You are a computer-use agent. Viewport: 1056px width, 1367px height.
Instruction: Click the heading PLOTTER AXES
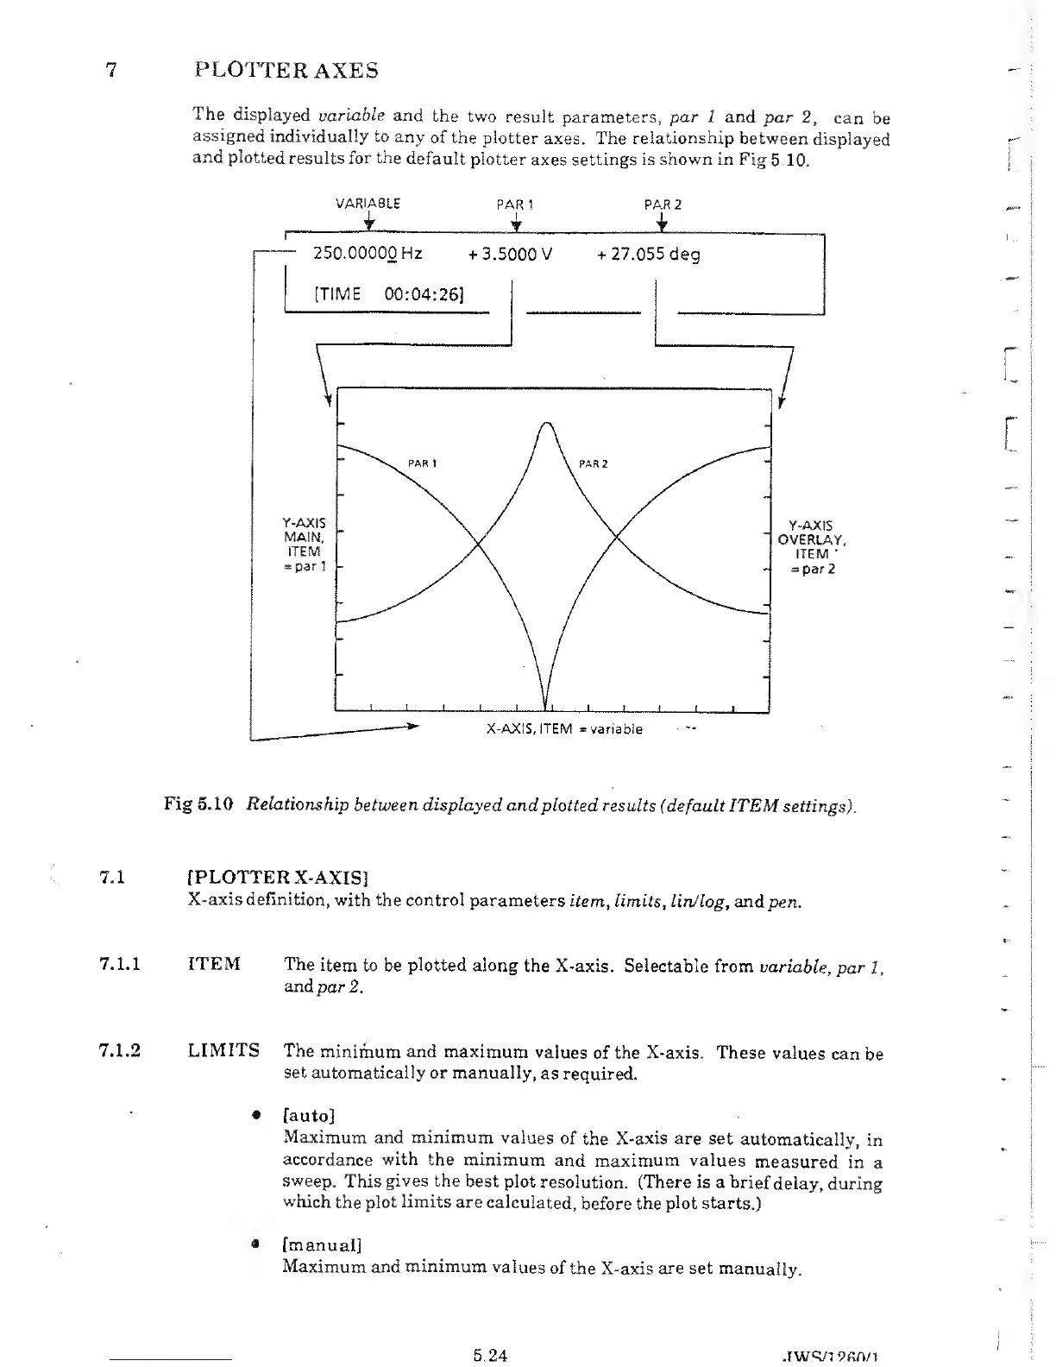286,70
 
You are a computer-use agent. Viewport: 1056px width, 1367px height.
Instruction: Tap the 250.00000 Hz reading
367,254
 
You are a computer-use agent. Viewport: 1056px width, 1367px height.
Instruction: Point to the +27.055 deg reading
648,255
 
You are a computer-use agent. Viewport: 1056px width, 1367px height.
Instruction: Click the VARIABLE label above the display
368,205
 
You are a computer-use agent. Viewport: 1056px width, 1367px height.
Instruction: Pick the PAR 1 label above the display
515,205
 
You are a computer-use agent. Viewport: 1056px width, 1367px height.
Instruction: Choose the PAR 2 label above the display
663,205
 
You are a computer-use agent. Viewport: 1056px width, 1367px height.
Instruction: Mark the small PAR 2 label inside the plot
594,464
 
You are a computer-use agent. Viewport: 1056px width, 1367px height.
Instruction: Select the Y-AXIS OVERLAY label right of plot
811,546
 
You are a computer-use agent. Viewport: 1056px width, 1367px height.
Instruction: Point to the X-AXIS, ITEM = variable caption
564,729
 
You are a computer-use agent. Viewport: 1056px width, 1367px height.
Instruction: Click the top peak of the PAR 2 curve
547,422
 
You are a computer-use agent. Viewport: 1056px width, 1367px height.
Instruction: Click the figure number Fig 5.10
198,805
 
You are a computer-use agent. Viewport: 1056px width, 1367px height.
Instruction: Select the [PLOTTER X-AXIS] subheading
278,879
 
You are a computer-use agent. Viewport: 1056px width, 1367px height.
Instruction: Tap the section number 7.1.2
120,1051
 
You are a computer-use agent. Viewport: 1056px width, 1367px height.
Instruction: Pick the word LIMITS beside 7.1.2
223,1050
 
